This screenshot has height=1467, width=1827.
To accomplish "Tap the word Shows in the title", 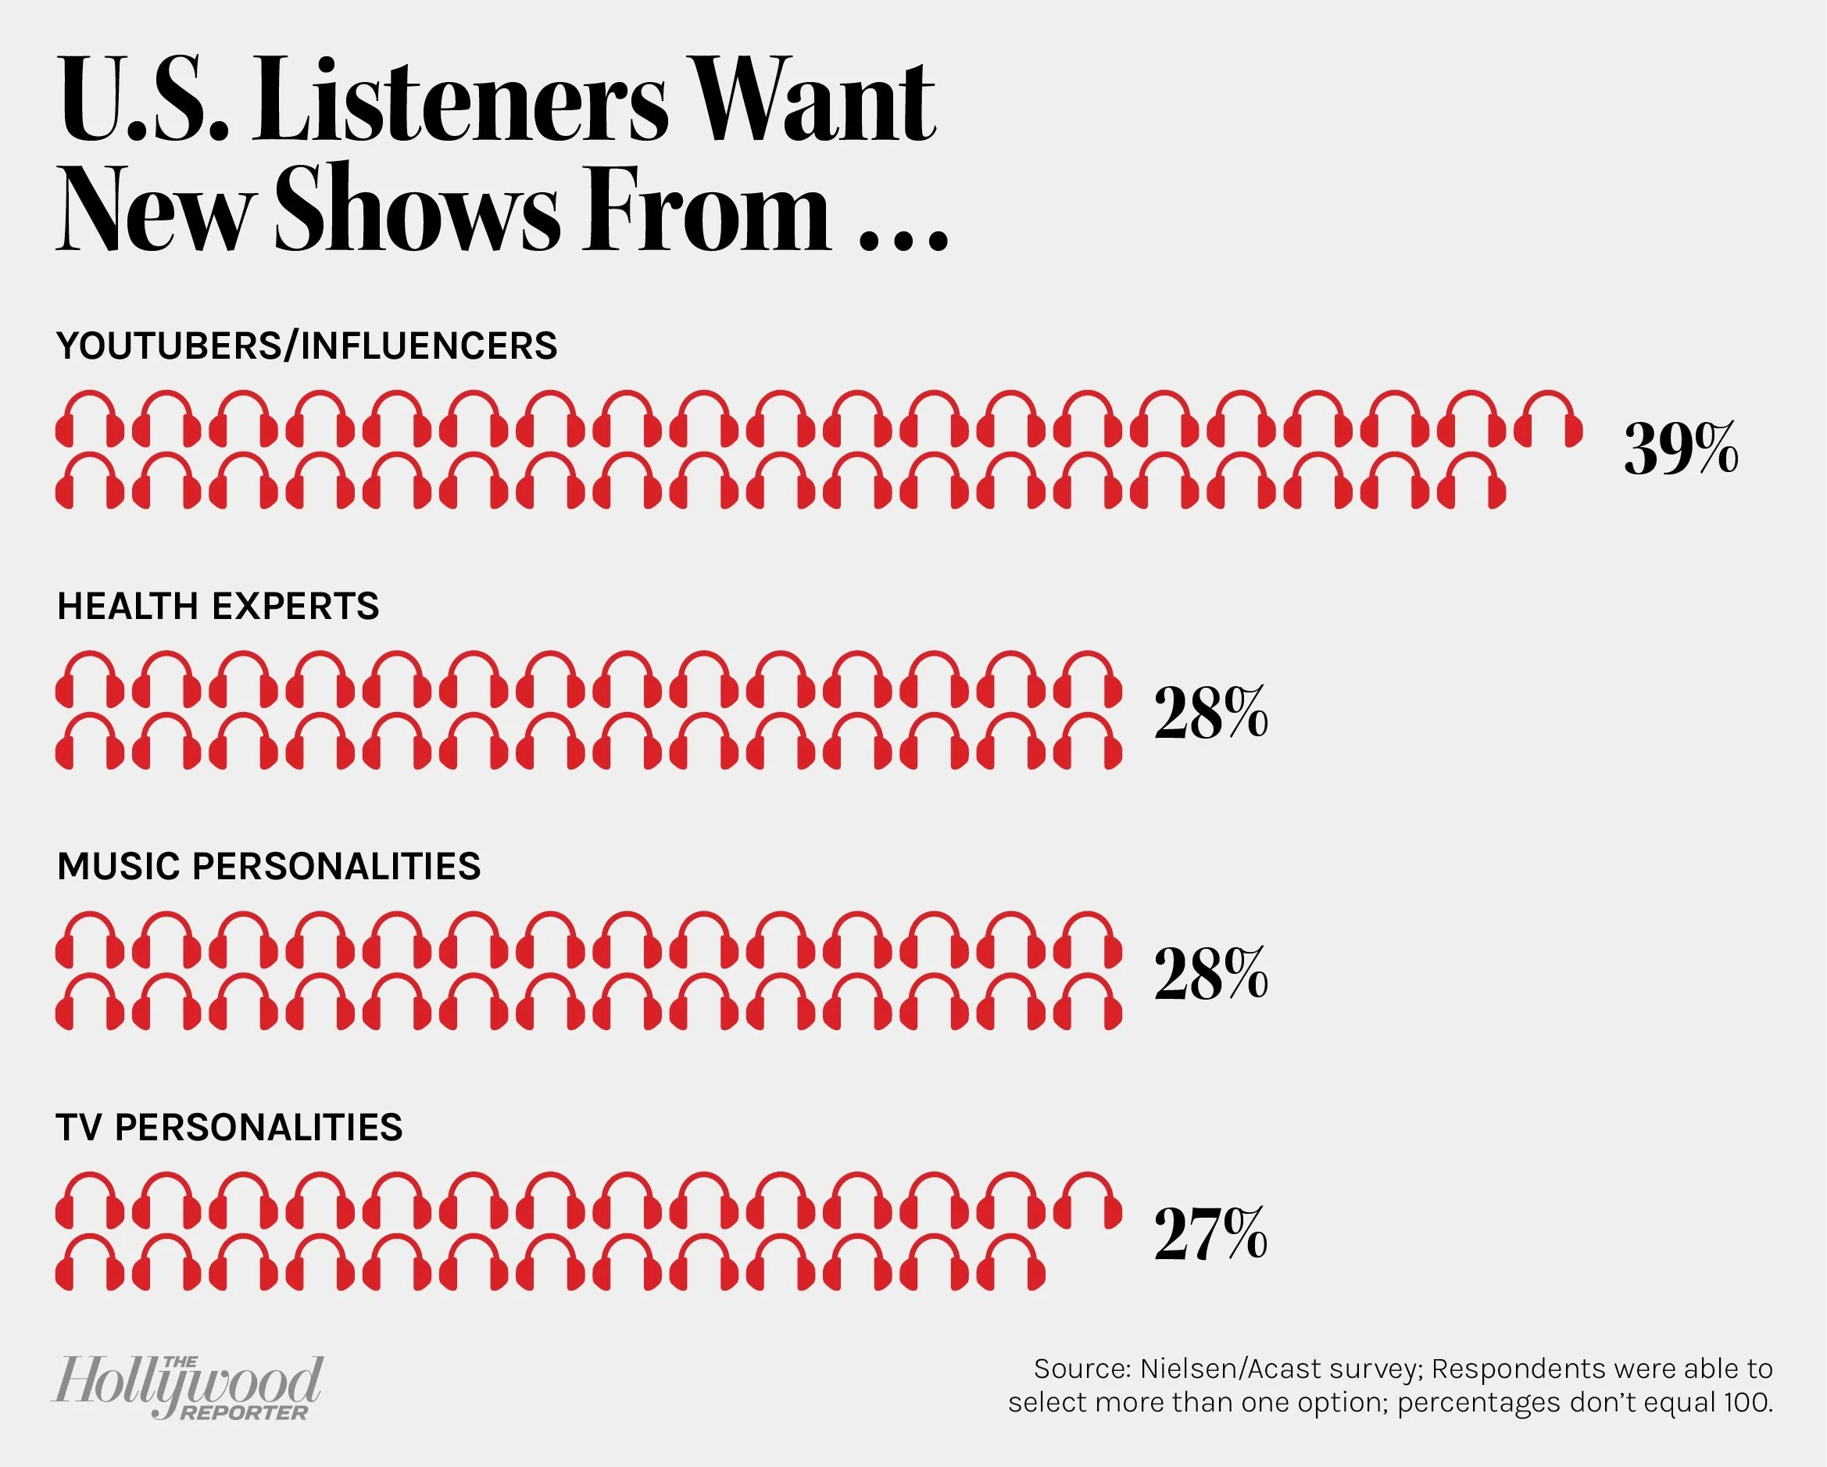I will pos(417,208).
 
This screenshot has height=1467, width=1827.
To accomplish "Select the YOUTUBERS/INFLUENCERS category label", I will pos(307,345).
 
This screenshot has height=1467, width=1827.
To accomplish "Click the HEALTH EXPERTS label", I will pos(218,606).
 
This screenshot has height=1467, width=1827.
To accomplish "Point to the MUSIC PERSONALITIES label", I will pos(269,867).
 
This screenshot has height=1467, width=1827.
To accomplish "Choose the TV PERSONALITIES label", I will pos(229,1127).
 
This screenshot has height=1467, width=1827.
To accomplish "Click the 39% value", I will pos(1680,451).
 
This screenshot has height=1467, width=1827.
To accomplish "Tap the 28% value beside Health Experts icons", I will pos(1211,714).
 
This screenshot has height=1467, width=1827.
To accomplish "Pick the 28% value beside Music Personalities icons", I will pos(1211,975).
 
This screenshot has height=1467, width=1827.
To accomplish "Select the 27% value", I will pos(1210,1235).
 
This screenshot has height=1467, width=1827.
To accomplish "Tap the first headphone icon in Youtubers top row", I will pos(88,420).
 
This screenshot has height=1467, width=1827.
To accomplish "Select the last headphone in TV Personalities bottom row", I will pos(1013,1263).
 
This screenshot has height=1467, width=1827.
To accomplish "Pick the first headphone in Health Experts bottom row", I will pos(88,742).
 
